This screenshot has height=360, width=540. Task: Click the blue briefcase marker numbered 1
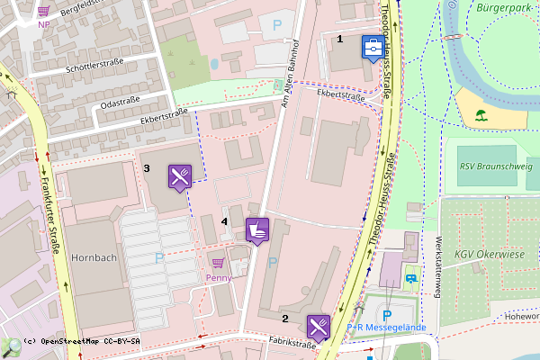coord(371,48)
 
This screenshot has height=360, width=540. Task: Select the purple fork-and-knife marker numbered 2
coord(319,326)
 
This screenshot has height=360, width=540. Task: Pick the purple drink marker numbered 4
coord(257,229)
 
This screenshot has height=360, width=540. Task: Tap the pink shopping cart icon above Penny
coord(218,263)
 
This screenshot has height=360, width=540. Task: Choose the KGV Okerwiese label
coord(489,254)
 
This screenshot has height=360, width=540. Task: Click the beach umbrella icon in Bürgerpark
coord(481,115)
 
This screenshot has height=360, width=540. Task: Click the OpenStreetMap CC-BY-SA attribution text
coord(83,342)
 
